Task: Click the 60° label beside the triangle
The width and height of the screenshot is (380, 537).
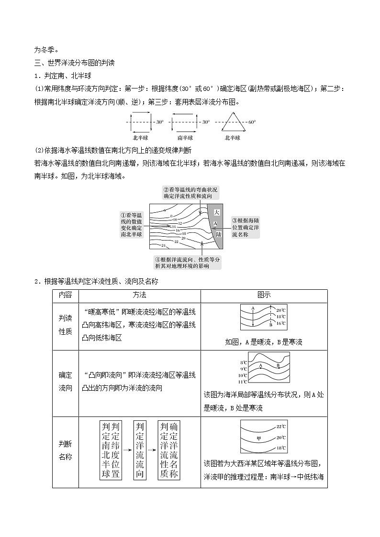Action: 252,122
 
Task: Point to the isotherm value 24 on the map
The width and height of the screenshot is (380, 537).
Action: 163,245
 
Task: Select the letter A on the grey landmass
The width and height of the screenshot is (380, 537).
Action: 216,223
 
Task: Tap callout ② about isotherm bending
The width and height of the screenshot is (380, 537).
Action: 190,193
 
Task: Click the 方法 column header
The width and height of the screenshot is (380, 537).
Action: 139,295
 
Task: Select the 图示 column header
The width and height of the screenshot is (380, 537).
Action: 264,295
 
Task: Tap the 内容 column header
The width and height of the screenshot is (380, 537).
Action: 65,295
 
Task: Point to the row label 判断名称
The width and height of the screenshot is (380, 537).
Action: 65,450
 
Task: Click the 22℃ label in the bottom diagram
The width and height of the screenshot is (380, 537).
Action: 281,427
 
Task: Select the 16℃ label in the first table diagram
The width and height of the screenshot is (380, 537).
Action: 281,324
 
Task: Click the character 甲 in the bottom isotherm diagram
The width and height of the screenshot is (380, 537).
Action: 258,438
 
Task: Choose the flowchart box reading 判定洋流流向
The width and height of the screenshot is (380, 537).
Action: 139,450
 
